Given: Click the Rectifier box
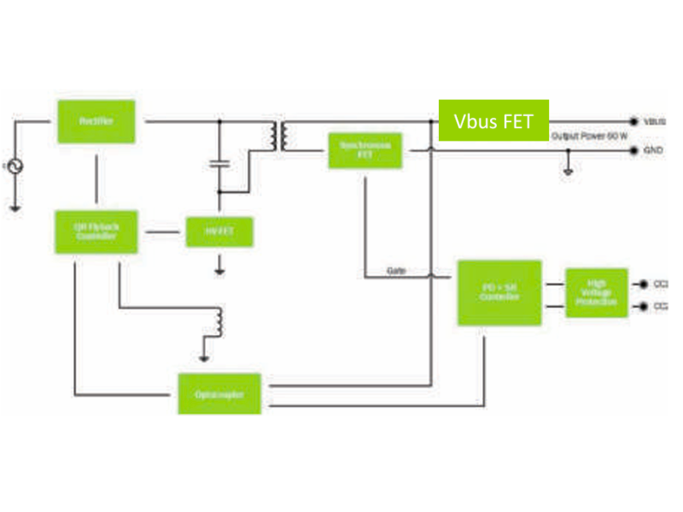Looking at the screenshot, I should pyautogui.click(x=96, y=121).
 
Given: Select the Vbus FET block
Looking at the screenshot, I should pyautogui.click(x=493, y=120).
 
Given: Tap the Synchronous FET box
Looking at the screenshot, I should pyautogui.click(x=365, y=150).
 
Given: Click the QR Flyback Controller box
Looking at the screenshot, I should pyautogui.click(x=96, y=230).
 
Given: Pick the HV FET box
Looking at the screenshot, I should pyautogui.click(x=219, y=231).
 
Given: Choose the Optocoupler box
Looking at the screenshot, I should pyautogui.click(x=219, y=394).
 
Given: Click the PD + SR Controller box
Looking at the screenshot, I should pyautogui.click(x=499, y=293).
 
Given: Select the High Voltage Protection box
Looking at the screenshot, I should pyautogui.click(x=596, y=293).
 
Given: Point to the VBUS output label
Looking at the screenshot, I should pyautogui.click(x=654, y=122).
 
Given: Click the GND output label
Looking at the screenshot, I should pyautogui.click(x=652, y=150).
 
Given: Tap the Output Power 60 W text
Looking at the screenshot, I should pyautogui.click(x=589, y=137).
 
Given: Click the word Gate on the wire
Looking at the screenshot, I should pyautogui.click(x=396, y=271).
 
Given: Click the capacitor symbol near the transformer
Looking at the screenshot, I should pyautogui.click(x=219, y=161).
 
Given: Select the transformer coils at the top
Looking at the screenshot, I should pyautogui.click(x=279, y=136).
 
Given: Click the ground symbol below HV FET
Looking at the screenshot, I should pyautogui.click(x=219, y=271).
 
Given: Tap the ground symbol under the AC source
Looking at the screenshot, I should pyautogui.click(x=15, y=206).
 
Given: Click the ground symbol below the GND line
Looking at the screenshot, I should pyautogui.click(x=568, y=171).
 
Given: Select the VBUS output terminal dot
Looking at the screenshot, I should pyautogui.click(x=633, y=122).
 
